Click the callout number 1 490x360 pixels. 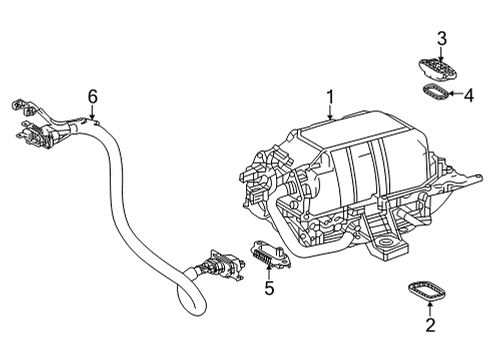point(330,97)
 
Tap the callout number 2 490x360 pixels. point(430,325)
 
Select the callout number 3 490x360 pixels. point(442,39)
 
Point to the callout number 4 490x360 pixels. point(469,96)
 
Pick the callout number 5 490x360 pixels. point(269,288)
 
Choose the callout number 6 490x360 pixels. point(93,97)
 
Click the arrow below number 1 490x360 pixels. point(330,112)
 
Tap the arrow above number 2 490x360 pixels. point(430,308)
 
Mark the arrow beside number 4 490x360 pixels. point(455,94)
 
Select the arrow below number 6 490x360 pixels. point(92,112)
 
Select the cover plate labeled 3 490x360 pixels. point(438,68)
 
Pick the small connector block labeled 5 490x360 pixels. point(271,254)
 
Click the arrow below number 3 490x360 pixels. point(441,54)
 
